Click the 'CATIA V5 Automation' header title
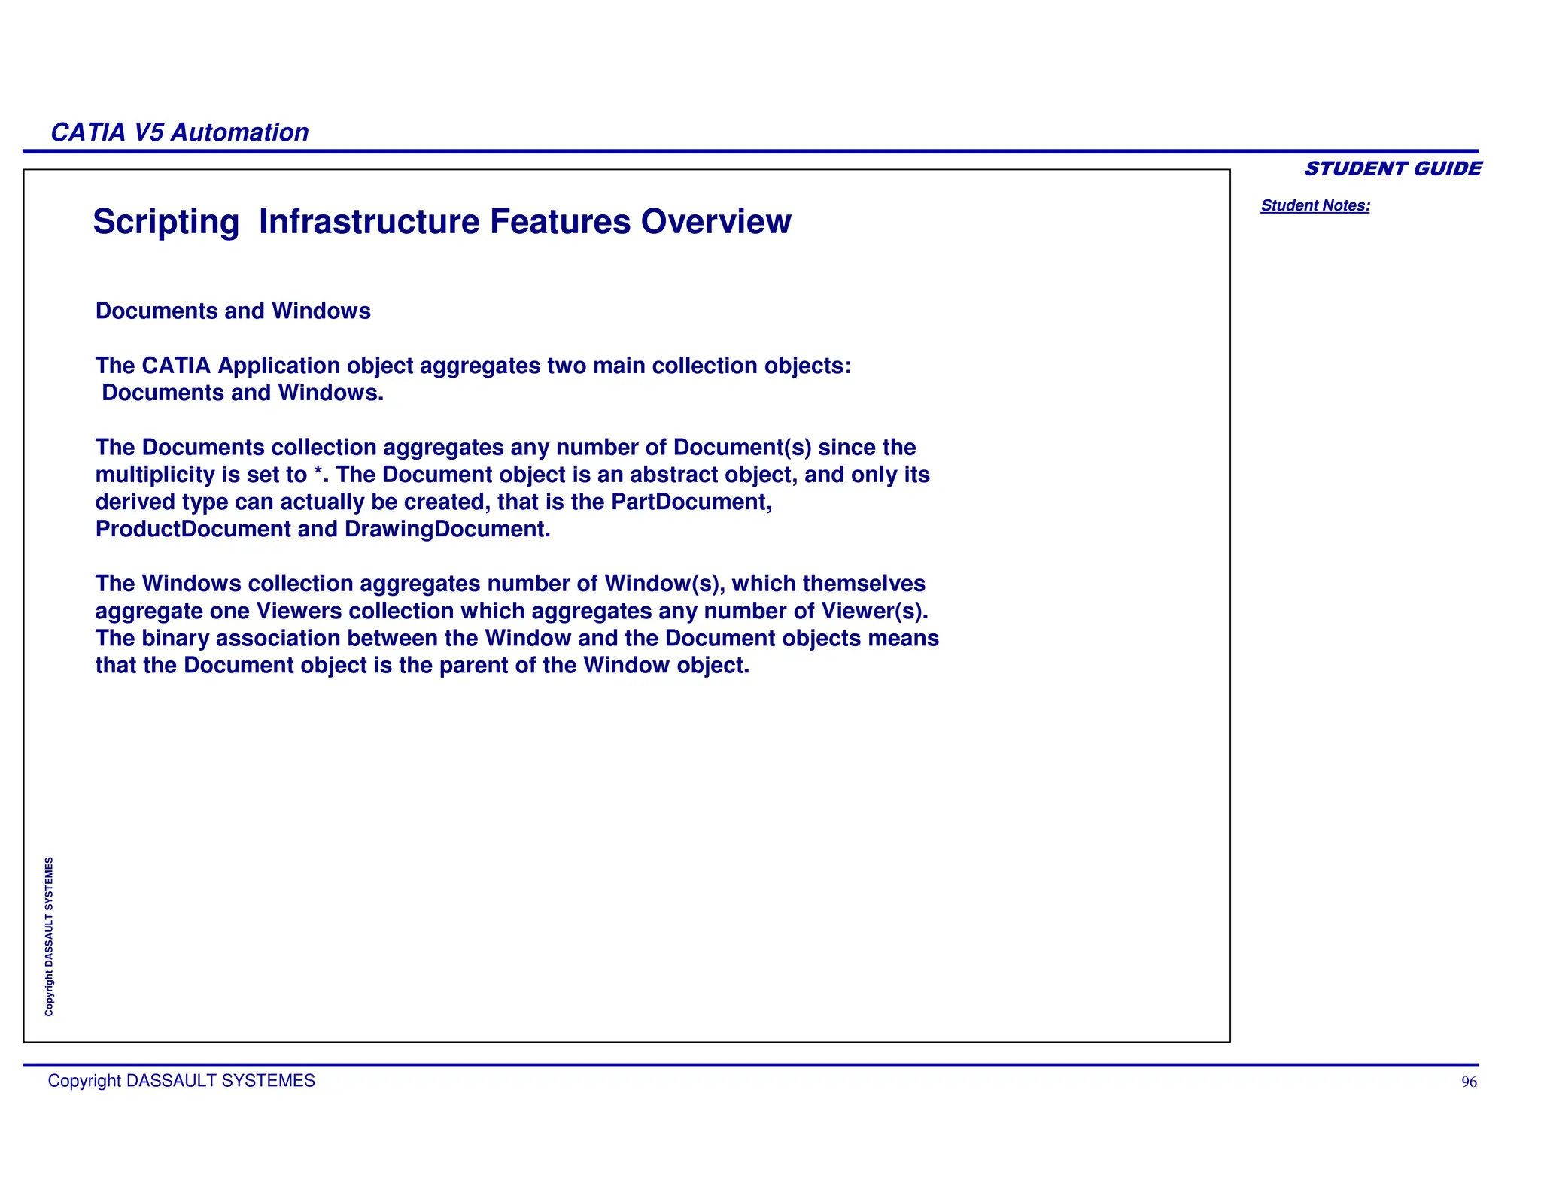coord(179,132)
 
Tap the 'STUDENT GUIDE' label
coord(1393,168)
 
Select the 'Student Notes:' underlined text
coord(1315,205)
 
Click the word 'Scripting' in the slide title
coord(166,222)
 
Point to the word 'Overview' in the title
coord(716,222)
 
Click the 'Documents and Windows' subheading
coord(233,311)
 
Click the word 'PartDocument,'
coord(691,502)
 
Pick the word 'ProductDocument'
coord(193,529)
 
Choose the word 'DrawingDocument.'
coord(448,529)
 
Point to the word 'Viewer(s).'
coord(875,611)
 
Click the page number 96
coord(1469,1082)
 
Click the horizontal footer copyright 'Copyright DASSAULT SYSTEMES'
coord(181,1081)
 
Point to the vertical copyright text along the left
coord(49,937)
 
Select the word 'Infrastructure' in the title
coord(369,222)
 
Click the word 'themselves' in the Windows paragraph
coord(864,584)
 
